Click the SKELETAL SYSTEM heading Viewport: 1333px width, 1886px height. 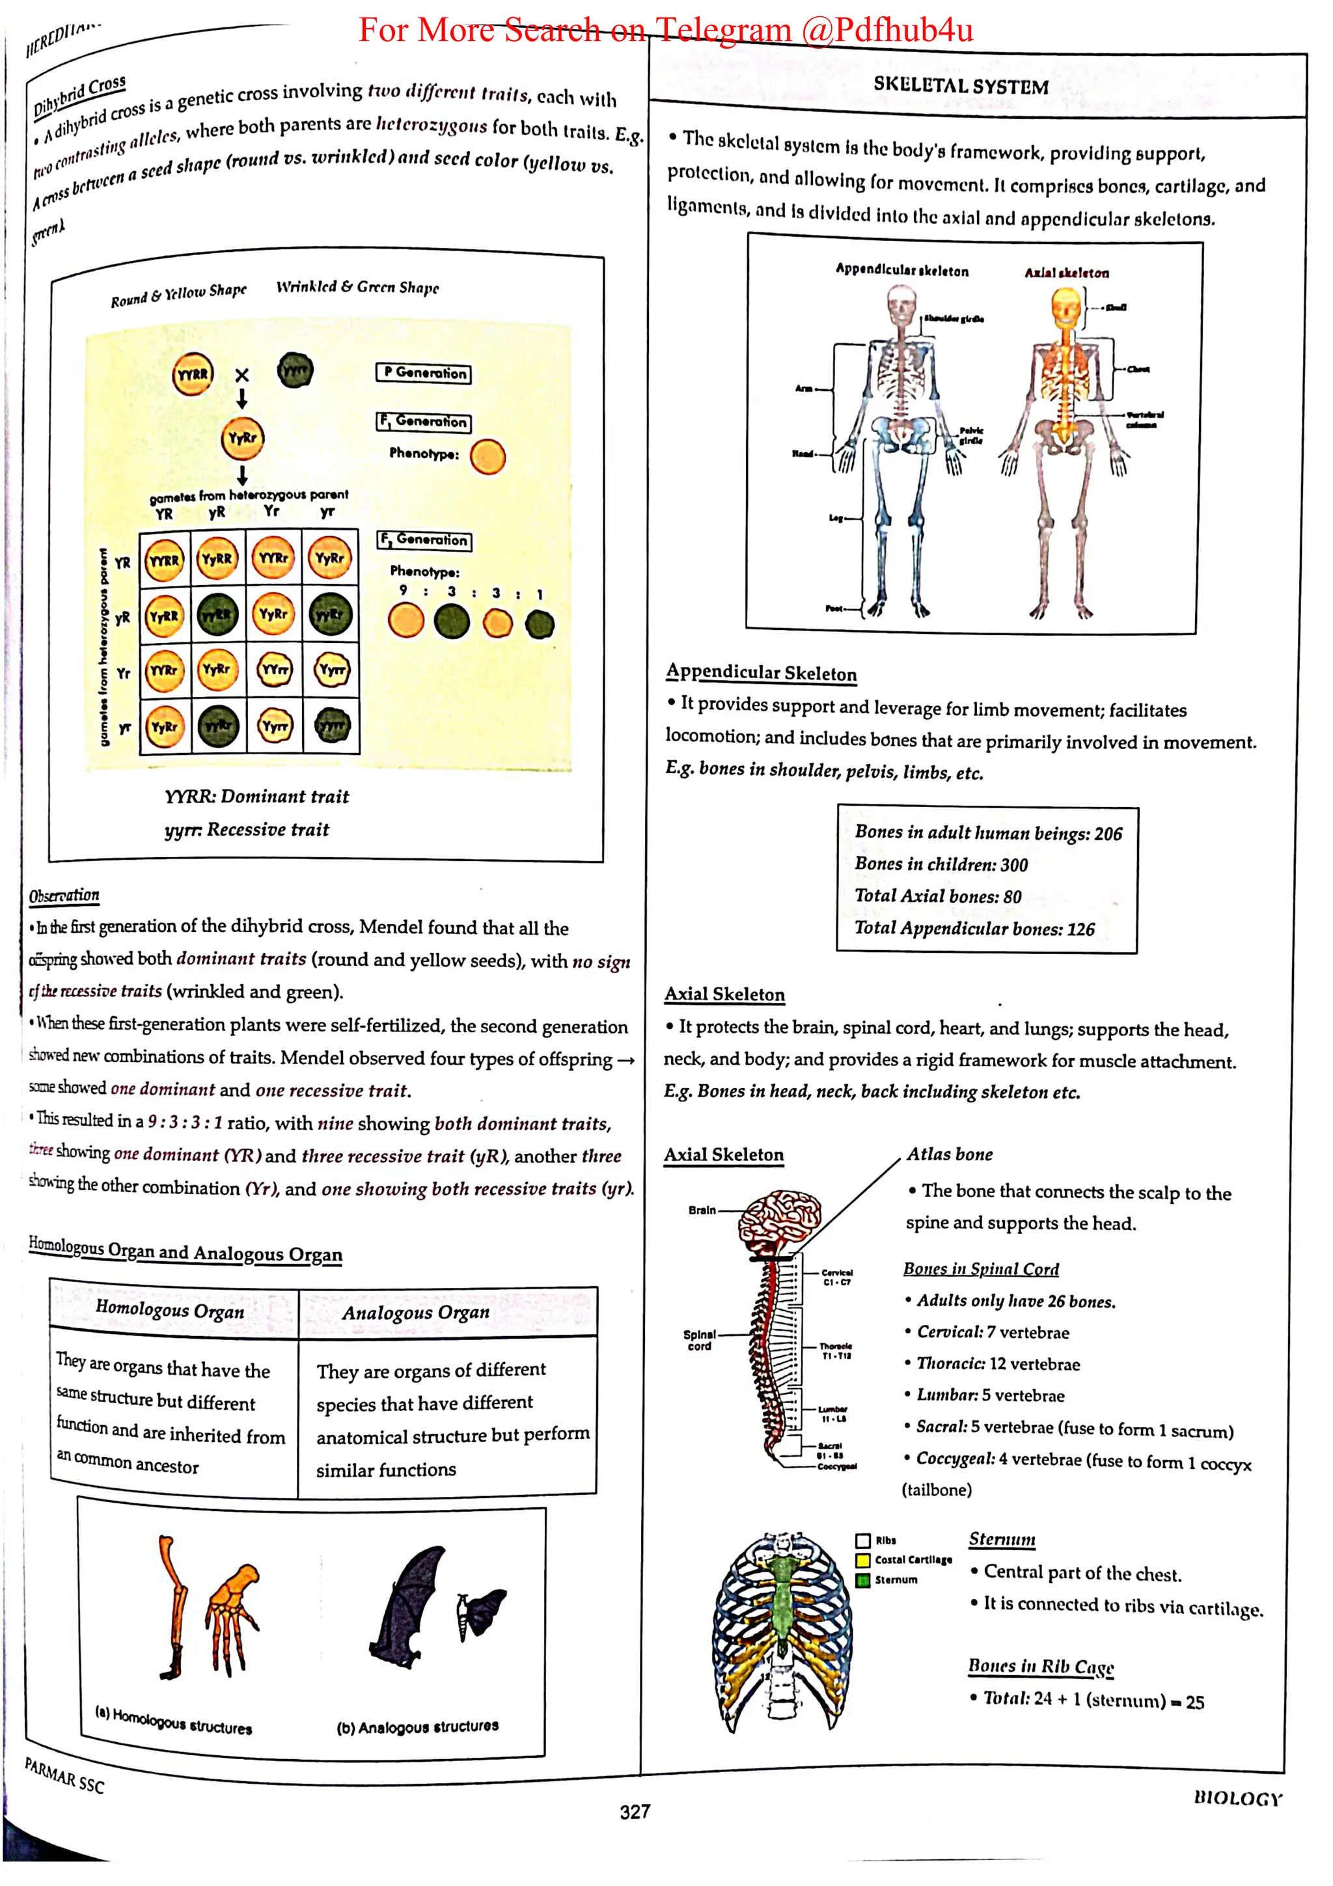tap(960, 85)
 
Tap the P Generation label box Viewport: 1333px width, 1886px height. tap(424, 373)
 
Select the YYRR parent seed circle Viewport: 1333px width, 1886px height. tap(193, 375)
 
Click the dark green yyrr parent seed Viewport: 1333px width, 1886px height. tap(295, 370)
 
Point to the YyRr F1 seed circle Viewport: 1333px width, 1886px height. tap(242, 439)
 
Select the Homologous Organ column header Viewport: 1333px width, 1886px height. tap(170, 1309)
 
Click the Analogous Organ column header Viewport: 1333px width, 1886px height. tap(416, 1313)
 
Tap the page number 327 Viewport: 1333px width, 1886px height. tap(635, 1811)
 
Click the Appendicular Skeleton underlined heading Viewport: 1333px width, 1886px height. tap(762, 673)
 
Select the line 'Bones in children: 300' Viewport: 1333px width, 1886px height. tap(941, 864)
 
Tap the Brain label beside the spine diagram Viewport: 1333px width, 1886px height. tap(702, 1210)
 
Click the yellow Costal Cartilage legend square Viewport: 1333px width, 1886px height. tap(863, 1560)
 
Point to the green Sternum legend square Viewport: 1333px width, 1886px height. tap(863, 1579)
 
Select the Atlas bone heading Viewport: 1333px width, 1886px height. tap(950, 1154)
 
